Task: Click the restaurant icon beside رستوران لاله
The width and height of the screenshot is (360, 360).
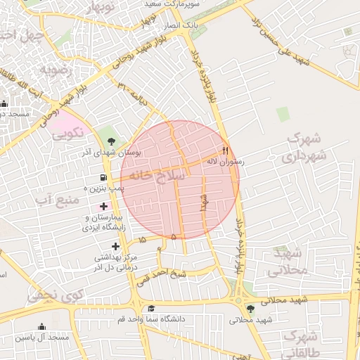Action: [226, 150]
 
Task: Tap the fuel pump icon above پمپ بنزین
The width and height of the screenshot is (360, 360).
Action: [104, 177]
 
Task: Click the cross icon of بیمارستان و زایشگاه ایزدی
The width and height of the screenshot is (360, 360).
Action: [105, 207]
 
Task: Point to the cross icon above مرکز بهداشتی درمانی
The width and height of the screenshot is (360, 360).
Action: [115, 246]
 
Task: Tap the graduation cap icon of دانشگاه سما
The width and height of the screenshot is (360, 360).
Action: [150, 309]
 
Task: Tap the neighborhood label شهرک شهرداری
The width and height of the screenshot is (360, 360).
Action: [304, 147]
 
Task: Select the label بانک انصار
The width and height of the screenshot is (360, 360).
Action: [181, 25]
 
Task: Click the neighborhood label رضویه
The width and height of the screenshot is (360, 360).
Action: [53, 71]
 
